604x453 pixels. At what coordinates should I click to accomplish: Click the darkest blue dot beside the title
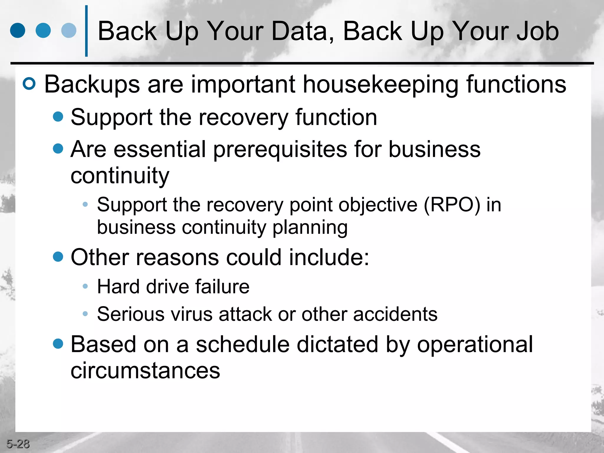coord(18,31)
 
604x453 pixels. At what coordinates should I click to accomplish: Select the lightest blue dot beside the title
coord(69,31)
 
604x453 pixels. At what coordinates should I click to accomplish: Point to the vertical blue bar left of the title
coord(86,31)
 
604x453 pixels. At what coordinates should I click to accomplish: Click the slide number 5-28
coord(18,444)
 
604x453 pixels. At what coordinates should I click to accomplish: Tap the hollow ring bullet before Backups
coord(29,84)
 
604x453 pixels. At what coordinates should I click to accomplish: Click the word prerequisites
coord(280,150)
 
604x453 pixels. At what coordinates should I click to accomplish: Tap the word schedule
coord(243,344)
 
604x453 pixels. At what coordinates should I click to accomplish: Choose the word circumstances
coord(145,370)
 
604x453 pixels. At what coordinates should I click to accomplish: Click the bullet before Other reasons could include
coord(58,256)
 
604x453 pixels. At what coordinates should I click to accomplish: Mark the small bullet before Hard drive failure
coord(85,286)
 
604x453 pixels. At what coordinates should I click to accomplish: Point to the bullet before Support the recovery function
coord(58,116)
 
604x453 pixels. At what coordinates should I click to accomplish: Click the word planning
coord(310,228)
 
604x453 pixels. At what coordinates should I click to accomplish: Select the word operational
coord(475,344)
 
